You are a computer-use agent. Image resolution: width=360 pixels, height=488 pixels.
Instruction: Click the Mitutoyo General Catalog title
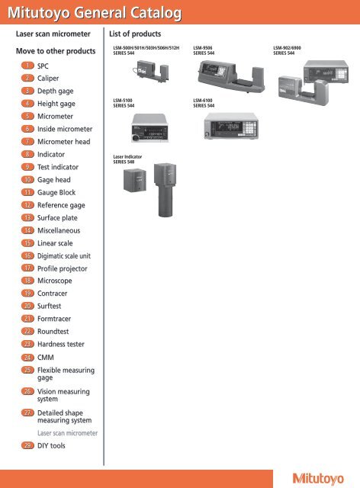click(x=95, y=13)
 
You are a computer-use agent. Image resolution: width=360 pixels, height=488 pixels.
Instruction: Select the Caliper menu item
click(x=48, y=78)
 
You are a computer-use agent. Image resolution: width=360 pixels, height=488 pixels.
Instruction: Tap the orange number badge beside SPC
click(x=27, y=66)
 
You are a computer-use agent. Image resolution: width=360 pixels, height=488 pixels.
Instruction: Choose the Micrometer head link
click(x=64, y=142)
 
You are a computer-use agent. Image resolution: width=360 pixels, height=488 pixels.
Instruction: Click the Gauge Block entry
click(x=56, y=192)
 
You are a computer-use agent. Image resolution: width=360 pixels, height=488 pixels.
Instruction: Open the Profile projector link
click(x=63, y=268)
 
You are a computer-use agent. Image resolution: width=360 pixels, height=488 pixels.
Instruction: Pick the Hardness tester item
click(x=61, y=344)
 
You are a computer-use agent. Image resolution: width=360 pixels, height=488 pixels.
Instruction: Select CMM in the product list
click(x=46, y=358)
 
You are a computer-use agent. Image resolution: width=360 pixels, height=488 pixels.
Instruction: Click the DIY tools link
click(x=51, y=445)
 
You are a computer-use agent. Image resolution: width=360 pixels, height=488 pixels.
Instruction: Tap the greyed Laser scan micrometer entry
click(x=67, y=433)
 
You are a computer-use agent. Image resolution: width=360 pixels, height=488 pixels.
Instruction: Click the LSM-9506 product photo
click(x=231, y=76)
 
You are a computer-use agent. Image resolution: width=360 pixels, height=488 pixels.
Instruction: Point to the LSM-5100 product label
click(x=124, y=103)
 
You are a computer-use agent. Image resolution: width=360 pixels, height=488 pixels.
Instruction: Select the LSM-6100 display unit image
click(x=231, y=126)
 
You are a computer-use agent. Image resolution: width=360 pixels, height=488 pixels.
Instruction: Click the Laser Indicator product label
click(x=127, y=159)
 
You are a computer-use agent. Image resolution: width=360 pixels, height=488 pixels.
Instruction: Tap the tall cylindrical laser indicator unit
click(x=166, y=190)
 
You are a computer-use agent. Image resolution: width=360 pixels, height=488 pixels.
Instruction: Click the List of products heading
click(x=135, y=34)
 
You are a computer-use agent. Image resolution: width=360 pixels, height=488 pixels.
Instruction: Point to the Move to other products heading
click(x=56, y=51)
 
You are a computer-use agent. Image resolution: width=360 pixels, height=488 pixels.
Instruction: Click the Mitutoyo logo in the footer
click(x=318, y=479)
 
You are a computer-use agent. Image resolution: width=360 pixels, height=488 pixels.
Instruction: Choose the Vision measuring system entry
click(x=63, y=395)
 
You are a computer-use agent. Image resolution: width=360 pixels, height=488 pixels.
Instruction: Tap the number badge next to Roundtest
click(x=27, y=331)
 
